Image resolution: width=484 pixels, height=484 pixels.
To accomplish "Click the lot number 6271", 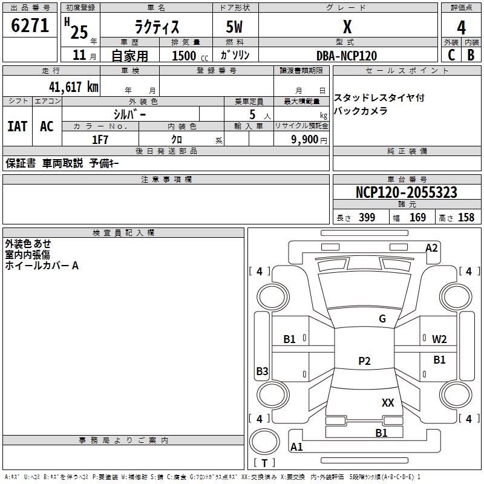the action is (x=30, y=25).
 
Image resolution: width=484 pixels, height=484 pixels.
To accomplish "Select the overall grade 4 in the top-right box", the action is (x=461, y=27).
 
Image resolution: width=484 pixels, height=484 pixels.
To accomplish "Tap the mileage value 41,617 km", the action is (x=73, y=87).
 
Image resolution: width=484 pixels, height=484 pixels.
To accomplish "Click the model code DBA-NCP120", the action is (x=347, y=56).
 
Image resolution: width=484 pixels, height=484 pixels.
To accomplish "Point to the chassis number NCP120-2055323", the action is (x=406, y=192).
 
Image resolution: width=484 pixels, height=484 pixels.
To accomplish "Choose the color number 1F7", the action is (x=100, y=140).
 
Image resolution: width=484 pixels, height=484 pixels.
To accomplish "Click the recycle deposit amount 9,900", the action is (x=304, y=139).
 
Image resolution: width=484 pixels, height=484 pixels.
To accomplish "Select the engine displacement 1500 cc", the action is (x=190, y=56).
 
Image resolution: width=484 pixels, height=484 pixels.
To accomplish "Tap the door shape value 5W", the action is (x=234, y=27).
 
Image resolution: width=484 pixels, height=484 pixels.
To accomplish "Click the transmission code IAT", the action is (x=18, y=126).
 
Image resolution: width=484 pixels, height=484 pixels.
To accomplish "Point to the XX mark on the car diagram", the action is (x=388, y=402).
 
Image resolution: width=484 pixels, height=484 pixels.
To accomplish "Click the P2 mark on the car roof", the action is (x=364, y=361).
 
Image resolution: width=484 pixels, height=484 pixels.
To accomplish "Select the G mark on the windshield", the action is (x=382, y=318).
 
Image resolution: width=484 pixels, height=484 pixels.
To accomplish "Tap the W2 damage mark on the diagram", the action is (x=439, y=339).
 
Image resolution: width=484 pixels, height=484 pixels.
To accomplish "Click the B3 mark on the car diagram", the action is (x=262, y=371).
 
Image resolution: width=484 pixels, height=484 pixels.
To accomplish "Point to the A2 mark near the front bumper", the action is (x=431, y=248).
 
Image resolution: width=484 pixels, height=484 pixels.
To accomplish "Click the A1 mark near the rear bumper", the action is (x=296, y=446).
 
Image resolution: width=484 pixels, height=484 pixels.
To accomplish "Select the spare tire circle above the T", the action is (x=264, y=442).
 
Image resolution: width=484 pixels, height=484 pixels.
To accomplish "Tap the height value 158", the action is (x=466, y=217).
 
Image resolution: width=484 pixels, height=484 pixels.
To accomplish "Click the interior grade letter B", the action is (x=471, y=55).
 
